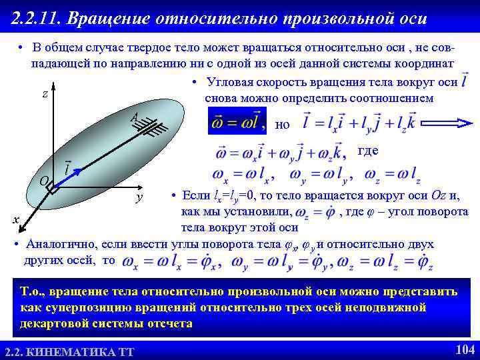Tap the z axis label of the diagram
[x=45, y=94]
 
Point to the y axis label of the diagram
[x=139, y=198]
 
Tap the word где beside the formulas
[x=368, y=151]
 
